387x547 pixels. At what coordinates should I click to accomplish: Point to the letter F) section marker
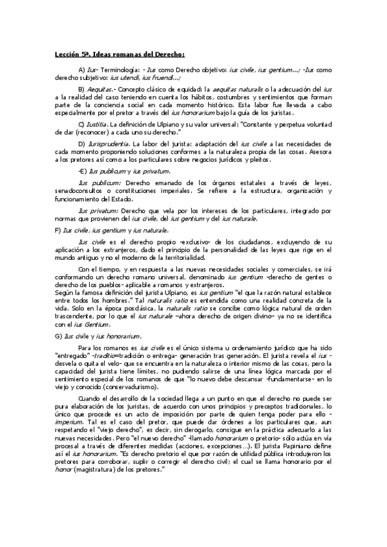pos(58,230)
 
